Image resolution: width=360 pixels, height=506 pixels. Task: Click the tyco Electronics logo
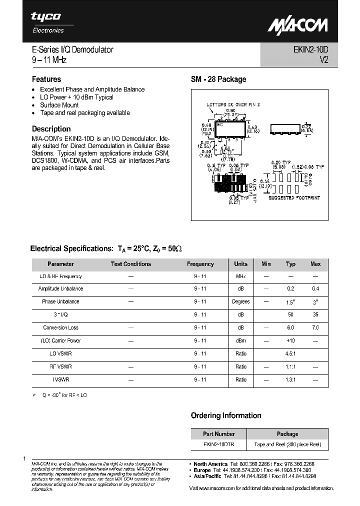(47, 22)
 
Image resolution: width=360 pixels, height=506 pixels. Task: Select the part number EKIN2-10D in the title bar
(309, 49)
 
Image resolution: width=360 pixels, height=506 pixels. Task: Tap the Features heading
(46, 79)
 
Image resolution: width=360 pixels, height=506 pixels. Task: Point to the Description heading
(51, 128)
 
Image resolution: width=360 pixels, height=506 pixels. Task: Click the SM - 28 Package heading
(218, 79)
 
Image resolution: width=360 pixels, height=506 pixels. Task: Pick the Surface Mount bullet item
(59, 105)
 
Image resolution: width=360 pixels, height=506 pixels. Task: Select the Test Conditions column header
(130, 264)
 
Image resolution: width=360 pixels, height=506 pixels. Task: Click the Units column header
(240, 264)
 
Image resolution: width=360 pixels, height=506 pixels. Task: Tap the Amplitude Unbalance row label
(60, 288)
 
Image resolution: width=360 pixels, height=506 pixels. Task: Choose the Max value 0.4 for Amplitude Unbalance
(315, 288)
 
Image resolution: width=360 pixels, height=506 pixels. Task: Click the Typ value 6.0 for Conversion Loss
(290, 327)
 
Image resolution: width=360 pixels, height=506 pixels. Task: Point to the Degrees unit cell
(240, 301)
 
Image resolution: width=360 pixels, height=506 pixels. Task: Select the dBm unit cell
(240, 340)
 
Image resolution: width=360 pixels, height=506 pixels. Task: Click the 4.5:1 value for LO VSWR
(290, 353)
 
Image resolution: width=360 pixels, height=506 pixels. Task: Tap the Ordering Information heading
(226, 415)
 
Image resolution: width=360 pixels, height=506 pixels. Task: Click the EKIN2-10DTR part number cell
(218, 444)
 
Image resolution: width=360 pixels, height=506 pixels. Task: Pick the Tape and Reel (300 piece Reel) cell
(287, 444)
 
